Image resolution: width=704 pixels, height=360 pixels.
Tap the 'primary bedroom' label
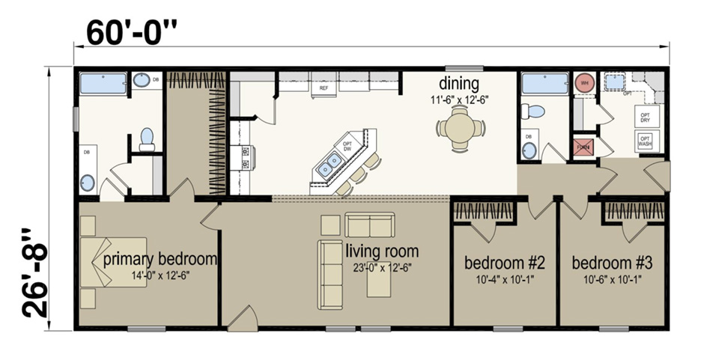click(160, 259)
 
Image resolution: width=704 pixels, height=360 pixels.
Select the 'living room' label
click(382, 251)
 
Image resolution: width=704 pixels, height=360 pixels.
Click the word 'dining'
click(458, 82)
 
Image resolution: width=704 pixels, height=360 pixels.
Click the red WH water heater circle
click(584, 84)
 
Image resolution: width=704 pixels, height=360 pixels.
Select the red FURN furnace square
click(584, 147)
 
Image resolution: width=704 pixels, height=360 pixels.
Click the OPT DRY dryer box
click(645, 117)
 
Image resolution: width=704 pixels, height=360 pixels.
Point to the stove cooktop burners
click(245, 156)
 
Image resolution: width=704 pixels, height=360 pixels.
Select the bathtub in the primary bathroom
click(104, 83)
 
